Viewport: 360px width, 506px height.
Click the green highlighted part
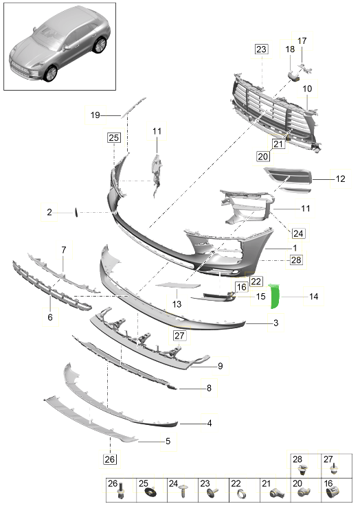coord(274,296)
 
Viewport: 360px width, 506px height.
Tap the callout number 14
coord(313,296)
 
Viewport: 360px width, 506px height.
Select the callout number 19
coord(95,115)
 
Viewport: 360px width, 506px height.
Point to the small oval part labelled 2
coord(76,212)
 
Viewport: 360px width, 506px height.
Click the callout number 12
coord(341,179)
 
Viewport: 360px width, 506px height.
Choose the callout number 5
coord(168,441)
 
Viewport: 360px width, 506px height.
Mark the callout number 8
coord(209,388)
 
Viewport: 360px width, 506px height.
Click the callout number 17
coord(302,41)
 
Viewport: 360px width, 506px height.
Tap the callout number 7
coord(64,250)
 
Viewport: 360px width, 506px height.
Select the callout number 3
coord(275,323)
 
